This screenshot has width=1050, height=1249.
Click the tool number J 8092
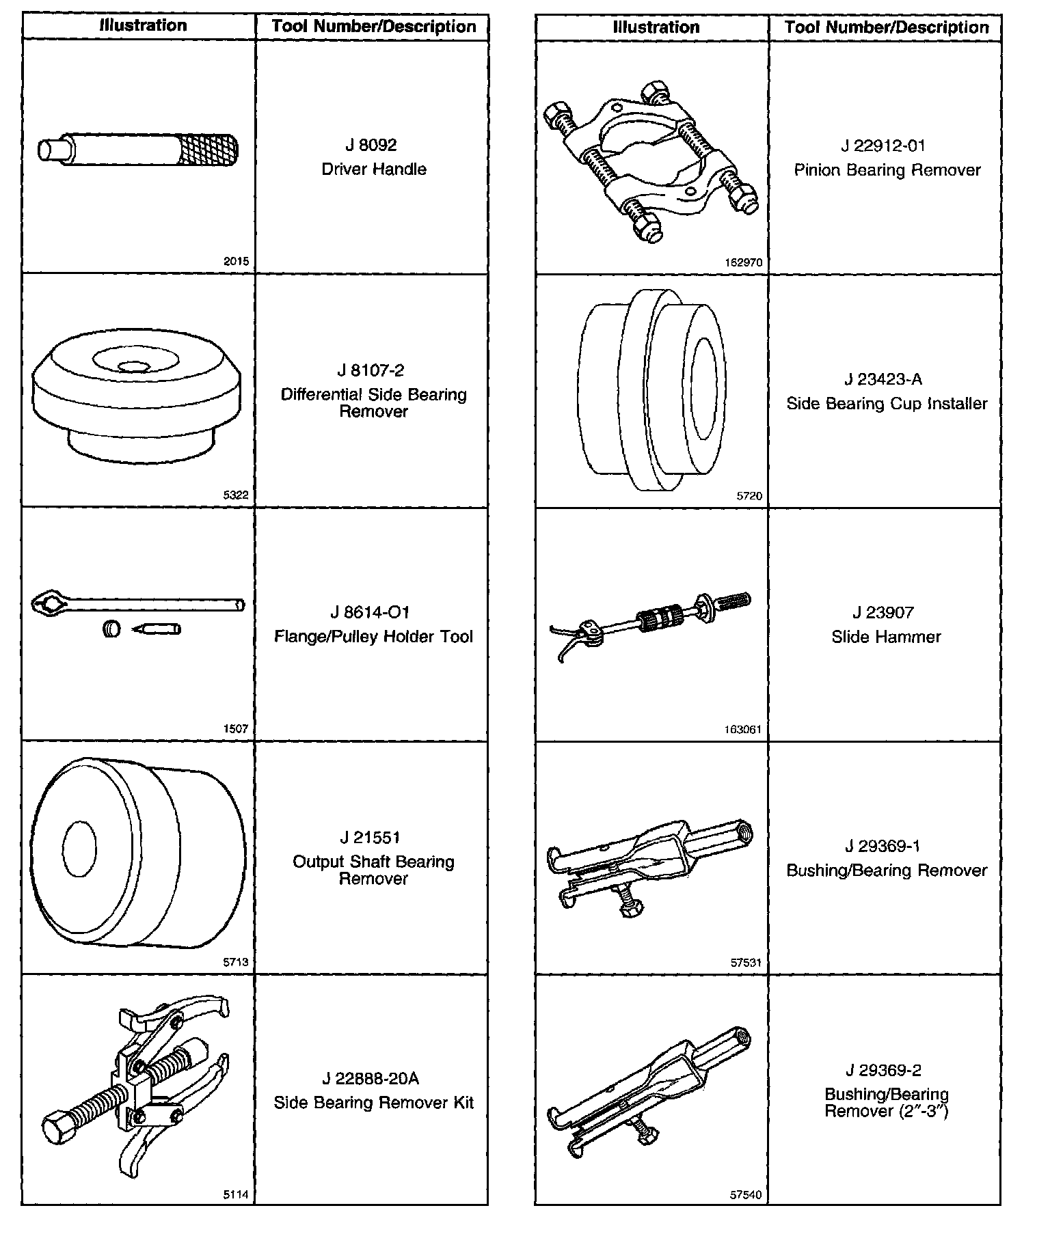[371, 145]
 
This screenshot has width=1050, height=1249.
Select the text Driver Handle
[374, 169]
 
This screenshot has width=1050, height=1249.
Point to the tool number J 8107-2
[371, 370]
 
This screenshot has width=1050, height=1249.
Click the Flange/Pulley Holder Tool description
[373, 637]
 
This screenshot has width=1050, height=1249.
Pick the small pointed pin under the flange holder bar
[157, 628]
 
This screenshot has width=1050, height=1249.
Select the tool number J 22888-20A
[371, 1078]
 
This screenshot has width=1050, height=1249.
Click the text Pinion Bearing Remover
[887, 170]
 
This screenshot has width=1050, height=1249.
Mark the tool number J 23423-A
[883, 379]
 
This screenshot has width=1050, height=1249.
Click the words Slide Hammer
[886, 637]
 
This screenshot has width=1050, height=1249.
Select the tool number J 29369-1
[883, 846]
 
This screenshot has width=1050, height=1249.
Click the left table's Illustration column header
[143, 26]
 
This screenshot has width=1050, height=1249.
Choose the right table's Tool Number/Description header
[887, 27]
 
